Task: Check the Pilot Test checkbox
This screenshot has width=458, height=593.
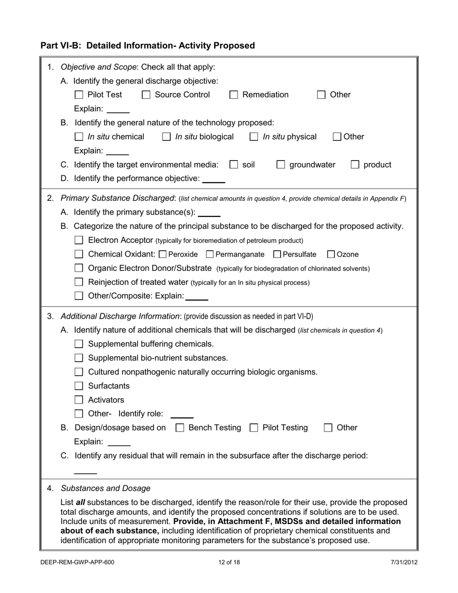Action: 80,95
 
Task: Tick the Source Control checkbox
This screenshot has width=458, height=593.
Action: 146,95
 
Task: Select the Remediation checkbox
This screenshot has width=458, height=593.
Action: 234,95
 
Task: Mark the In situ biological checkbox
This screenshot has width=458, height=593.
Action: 167,137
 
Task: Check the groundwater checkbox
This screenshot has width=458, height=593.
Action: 281,165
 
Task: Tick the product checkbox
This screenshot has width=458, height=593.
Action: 355,165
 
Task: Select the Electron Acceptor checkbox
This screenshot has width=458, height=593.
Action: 80,240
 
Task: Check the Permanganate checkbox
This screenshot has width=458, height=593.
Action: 210,254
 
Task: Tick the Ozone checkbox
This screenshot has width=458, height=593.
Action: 331,254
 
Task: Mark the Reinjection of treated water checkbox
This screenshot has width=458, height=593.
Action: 80,282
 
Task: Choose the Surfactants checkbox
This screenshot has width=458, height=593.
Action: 80,386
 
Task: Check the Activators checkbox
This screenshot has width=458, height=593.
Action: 80,400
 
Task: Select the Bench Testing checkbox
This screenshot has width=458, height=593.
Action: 180,428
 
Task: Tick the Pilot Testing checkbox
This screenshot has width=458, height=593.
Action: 254,428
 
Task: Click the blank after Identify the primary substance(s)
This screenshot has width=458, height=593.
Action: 209,213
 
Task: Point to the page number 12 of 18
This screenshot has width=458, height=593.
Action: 229,562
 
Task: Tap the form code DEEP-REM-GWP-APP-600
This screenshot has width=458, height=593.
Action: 78,562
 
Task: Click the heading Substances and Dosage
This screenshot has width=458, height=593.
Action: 106,488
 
